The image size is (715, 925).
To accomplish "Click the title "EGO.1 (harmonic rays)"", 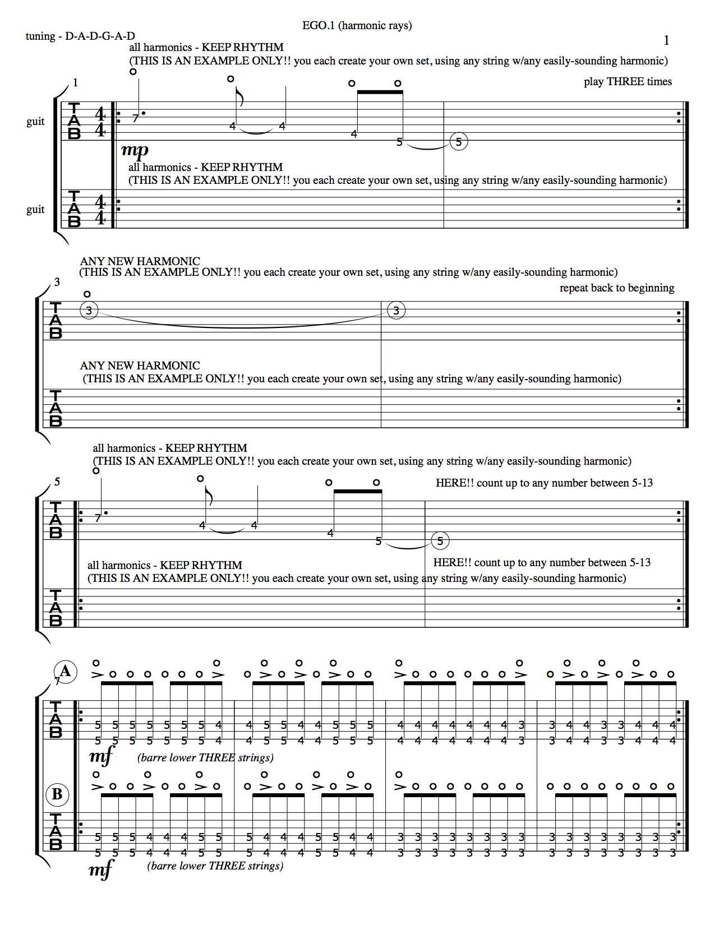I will tap(357, 25).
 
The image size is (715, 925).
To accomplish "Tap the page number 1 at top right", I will tap(666, 40).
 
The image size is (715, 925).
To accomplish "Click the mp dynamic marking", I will tap(135, 150).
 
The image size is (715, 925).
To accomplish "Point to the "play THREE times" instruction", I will tap(628, 82).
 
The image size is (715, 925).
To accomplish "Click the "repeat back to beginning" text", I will tap(616, 288).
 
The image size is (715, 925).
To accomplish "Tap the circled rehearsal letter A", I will tap(65, 671).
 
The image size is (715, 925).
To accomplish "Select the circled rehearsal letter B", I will tap(57, 794).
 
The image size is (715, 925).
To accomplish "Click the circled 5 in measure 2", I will tap(459, 142).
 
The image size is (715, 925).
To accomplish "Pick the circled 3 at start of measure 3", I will tap(89, 310).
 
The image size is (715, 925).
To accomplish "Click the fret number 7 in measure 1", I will tap(135, 118).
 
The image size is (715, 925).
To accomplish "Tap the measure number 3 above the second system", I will tap(57, 282).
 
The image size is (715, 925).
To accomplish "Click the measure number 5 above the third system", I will tap(57, 482).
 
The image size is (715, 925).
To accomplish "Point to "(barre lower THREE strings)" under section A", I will tap(205, 758).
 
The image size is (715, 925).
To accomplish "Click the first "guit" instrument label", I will tap(35, 122).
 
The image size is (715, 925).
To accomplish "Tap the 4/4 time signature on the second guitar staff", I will tap(100, 209).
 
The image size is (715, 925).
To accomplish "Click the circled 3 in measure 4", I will tap(396, 310).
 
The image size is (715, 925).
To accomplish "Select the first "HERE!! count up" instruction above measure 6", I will tap(544, 483).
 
